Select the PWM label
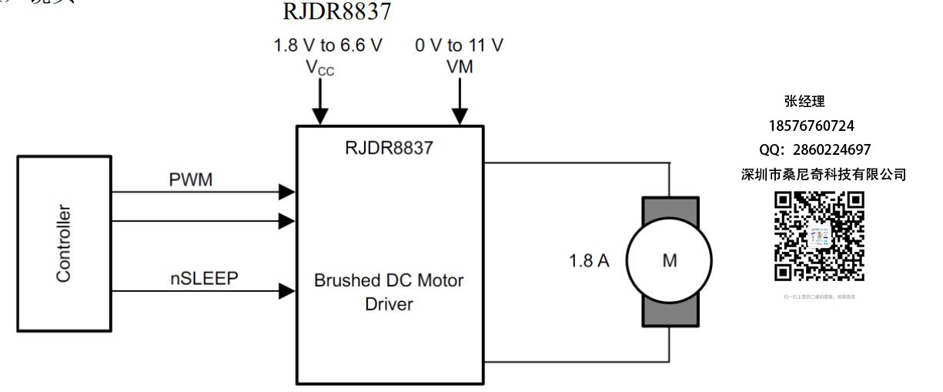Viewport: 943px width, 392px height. pos(190,181)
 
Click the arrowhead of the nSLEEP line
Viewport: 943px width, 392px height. pos(286,291)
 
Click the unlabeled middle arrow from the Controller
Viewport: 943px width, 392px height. pos(286,222)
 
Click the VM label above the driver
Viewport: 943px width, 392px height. pos(460,67)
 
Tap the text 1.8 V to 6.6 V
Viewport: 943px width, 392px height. pos(328,45)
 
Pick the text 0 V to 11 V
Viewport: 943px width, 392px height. pos(460,45)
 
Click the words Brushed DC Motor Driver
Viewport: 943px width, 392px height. pos(389,292)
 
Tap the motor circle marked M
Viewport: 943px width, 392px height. pos(669,261)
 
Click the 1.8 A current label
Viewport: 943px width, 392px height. pos(589,261)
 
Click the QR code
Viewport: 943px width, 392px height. pos(819,236)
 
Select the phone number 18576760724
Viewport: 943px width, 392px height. pos(811,125)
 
